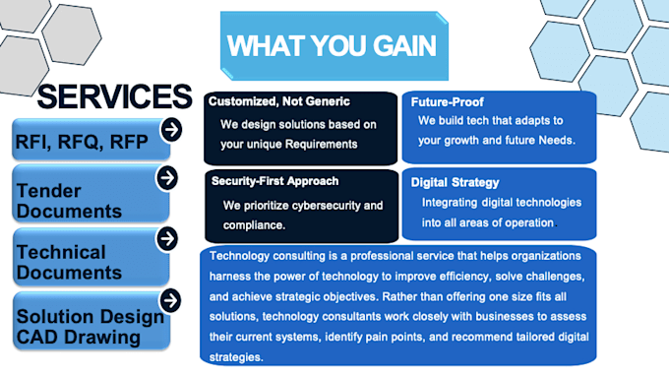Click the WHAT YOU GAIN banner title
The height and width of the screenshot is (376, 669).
(x=332, y=45)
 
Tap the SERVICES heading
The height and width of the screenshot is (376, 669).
(x=115, y=96)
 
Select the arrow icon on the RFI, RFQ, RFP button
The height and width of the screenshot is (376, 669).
(x=171, y=130)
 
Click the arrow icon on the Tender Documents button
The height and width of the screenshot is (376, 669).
(x=167, y=177)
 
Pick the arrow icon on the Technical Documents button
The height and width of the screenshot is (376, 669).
(x=167, y=238)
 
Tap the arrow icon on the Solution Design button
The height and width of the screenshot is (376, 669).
(x=170, y=300)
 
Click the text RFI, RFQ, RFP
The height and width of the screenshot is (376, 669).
(x=82, y=142)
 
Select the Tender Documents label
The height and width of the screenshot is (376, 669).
(x=69, y=201)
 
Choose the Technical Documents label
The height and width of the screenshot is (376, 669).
(x=69, y=263)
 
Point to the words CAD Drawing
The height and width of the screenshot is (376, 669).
(x=79, y=338)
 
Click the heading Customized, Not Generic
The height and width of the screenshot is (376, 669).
(x=279, y=101)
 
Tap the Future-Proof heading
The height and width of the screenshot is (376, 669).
(x=447, y=102)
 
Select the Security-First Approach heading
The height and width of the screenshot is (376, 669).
(x=274, y=181)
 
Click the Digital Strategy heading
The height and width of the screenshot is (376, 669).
(x=455, y=183)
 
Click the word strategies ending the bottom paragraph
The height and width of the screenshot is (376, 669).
(x=236, y=357)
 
